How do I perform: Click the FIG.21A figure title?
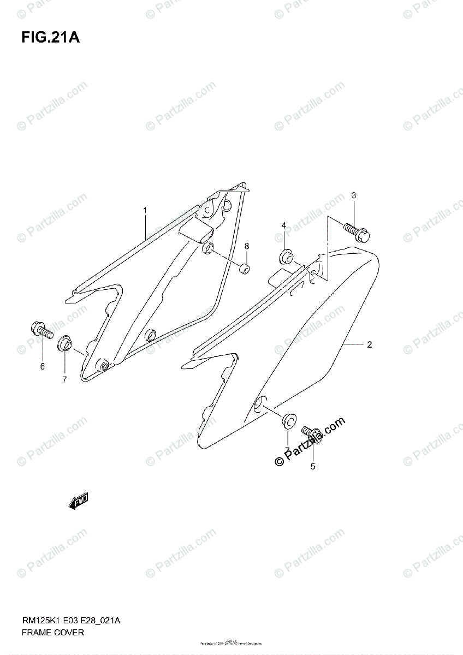[x=50, y=38]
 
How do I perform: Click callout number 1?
[x=145, y=210]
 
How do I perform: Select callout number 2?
[x=370, y=344]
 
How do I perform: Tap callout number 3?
[x=353, y=195]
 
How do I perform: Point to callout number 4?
[x=284, y=226]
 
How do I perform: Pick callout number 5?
[x=313, y=466]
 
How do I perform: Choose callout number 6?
[x=42, y=366]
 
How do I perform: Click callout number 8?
[x=246, y=246]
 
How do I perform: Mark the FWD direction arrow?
[x=79, y=501]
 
